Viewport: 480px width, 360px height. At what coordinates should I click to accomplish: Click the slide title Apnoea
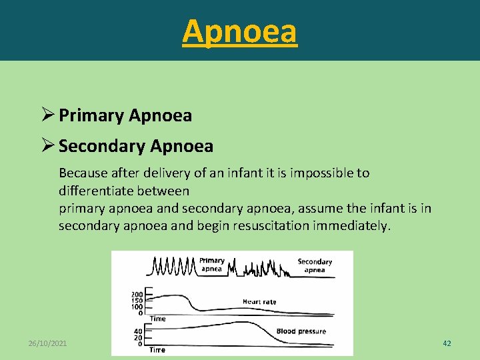tap(239, 31)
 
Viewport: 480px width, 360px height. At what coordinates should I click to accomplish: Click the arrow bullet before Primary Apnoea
tap(48, 115)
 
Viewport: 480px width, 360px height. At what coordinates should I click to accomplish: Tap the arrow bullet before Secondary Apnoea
tap(48, 145)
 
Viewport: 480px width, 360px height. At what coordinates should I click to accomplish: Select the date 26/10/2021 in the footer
tap(48, 343)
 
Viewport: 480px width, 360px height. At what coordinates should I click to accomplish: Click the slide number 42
tap(447, 343)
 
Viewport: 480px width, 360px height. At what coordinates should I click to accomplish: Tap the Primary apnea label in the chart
tap(212, 265)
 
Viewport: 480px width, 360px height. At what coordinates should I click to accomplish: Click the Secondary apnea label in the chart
tap(315, 265)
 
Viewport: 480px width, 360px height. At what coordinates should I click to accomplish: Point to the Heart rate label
tap(259, 302)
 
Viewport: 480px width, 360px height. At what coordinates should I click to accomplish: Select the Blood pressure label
tap(301, 331)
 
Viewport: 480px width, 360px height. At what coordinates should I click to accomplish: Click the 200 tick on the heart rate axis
tap(137, 294)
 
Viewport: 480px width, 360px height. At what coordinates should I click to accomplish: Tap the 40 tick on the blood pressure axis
tap(138, 331)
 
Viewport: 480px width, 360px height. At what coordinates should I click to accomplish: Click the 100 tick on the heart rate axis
tap(137, 307)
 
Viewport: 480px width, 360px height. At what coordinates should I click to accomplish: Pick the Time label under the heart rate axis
tap(158, 319)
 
